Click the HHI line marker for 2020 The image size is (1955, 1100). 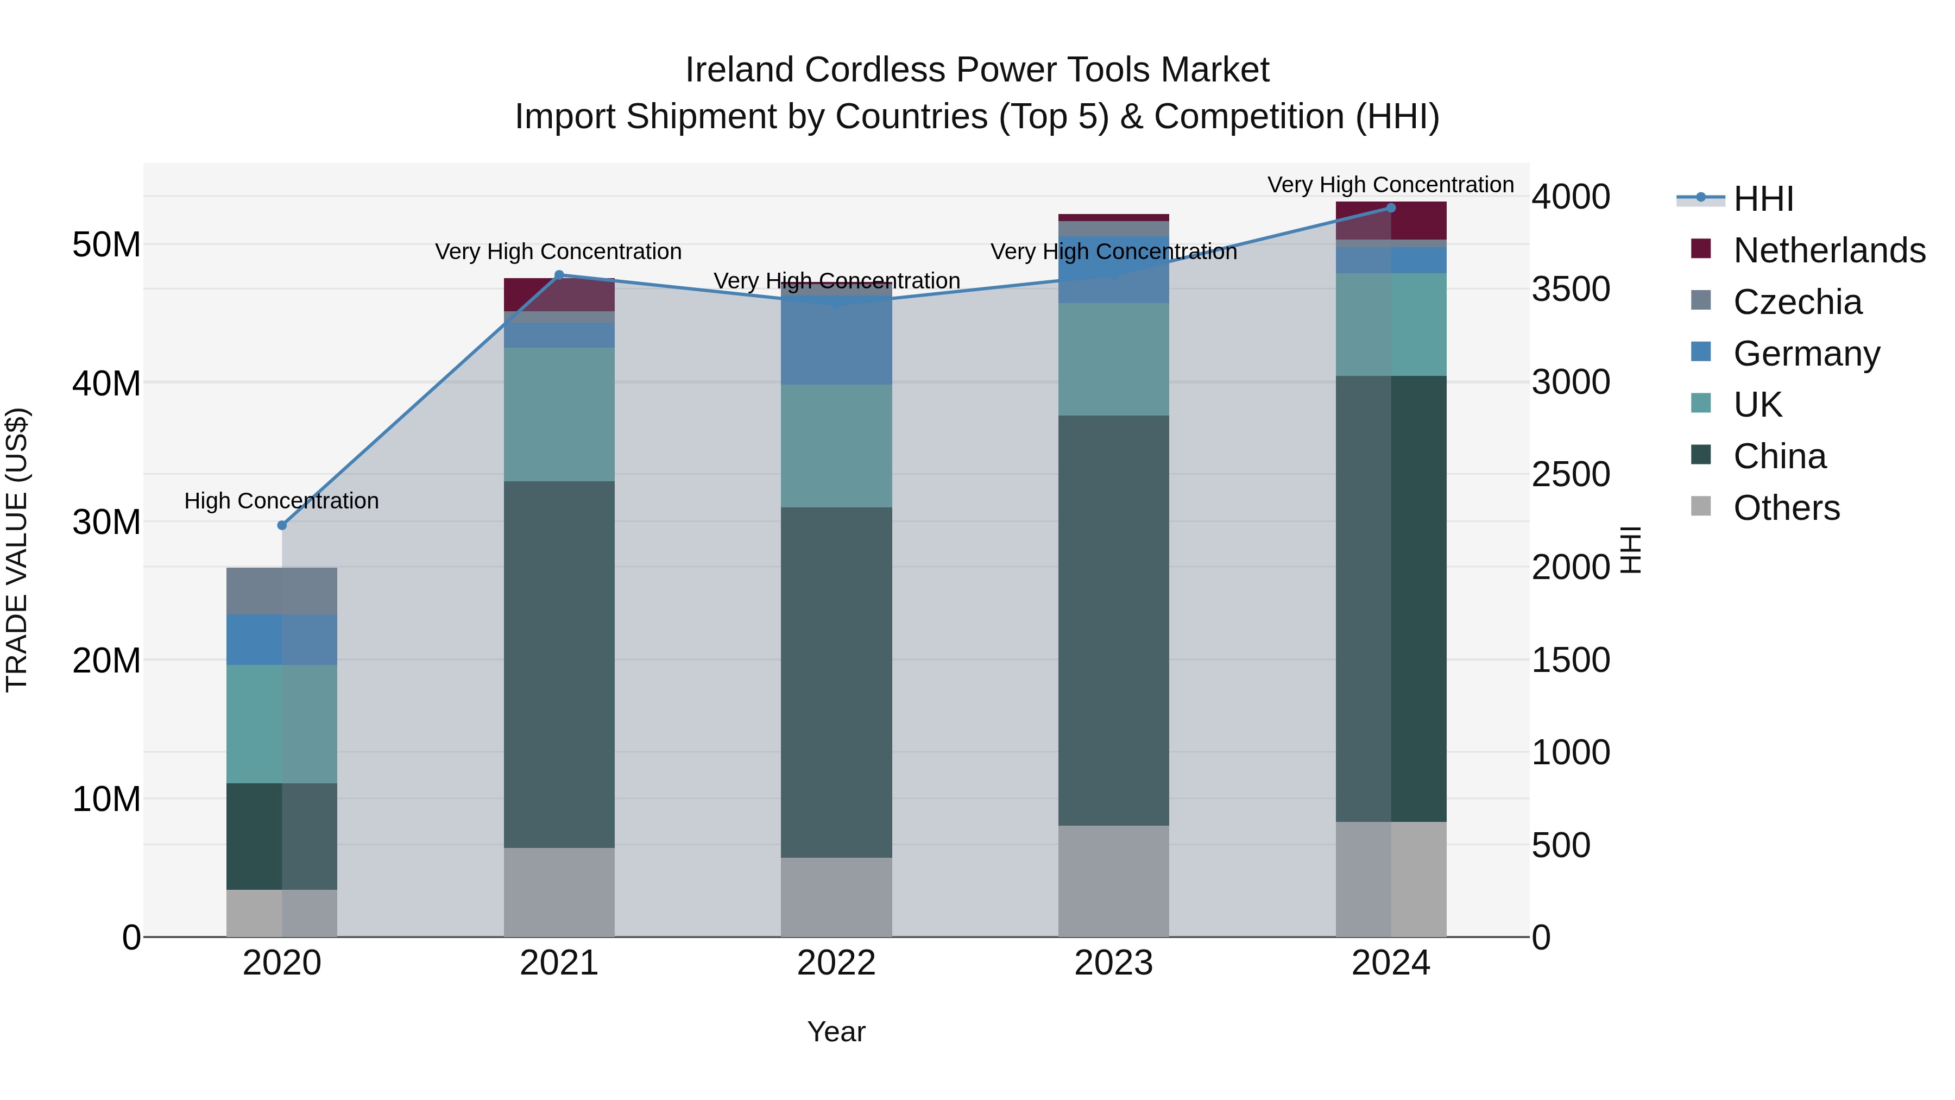(282, 525)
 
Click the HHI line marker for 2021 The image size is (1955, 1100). (559, 275)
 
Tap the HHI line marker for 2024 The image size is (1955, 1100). (1391, 208)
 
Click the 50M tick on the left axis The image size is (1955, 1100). (106, 245)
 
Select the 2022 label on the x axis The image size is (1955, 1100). (836, 963)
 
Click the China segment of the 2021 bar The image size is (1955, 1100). (559, 664)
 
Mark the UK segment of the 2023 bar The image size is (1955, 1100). (1113, 359)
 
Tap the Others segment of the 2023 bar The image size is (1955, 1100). (1113, 881)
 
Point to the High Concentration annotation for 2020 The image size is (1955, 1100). (281, 501)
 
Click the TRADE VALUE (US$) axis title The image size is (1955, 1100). (17, 550)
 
